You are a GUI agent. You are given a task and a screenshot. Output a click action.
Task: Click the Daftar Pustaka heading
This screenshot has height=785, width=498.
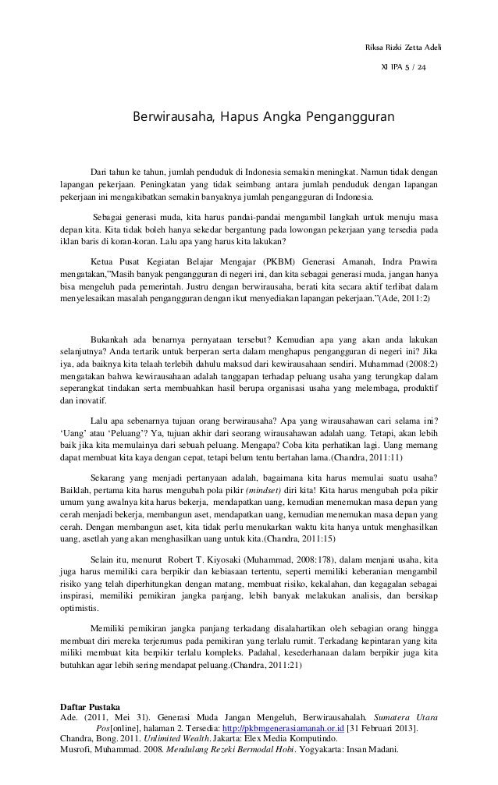coord(92,708)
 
